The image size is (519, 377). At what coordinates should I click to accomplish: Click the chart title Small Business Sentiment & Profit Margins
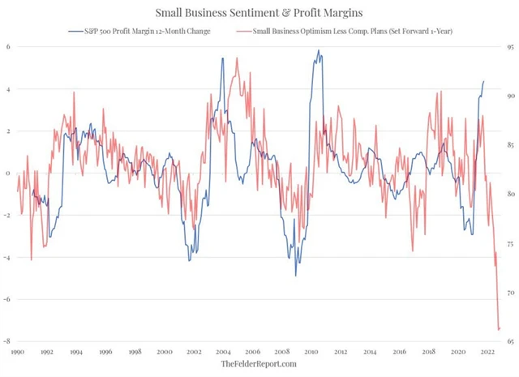[x=259, y=12]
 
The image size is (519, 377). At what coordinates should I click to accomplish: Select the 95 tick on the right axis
[x=508, y=47]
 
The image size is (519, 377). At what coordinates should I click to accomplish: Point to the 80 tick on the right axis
[x=508, y=195]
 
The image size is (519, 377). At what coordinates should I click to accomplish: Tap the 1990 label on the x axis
[x=17, y=353]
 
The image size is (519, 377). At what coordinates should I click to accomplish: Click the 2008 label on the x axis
[x=282, y=353]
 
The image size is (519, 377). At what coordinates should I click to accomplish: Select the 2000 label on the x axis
[x=165, y=353]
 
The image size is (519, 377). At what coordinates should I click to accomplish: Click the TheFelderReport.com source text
[x=259, y=365]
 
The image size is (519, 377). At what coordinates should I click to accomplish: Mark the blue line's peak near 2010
[x=318, y=51]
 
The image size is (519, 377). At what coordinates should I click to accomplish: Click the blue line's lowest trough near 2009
[x=295, y=276]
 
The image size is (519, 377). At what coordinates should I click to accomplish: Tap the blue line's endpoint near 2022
[x=485, y=81]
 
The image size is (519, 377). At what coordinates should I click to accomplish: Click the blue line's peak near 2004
[x=223, y=58]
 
